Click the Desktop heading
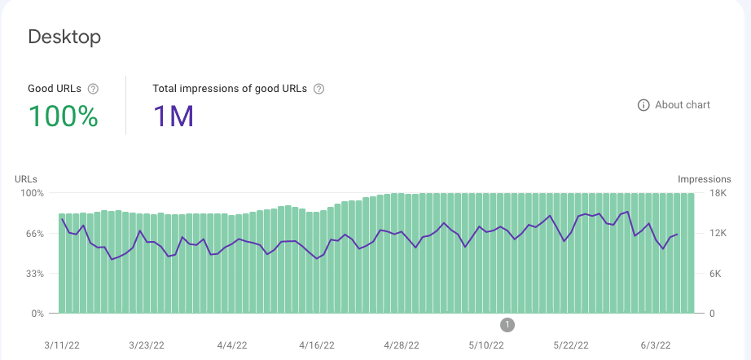click(x=64, y=37)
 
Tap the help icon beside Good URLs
click(x=93, y=89)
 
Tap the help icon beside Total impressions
click(x=318, y=89)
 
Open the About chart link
click(x=683, y=105)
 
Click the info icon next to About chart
click(x=643, y=105)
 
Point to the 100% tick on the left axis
click(x=32, y=193)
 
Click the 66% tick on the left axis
click(x=33, y=234)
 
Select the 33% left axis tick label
click(x=33, y=274)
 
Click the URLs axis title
click(x=26, y=179)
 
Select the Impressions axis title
click(x=705, y=179)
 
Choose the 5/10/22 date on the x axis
click(x=485, y=345)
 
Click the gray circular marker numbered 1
click(x=508, y=325)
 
